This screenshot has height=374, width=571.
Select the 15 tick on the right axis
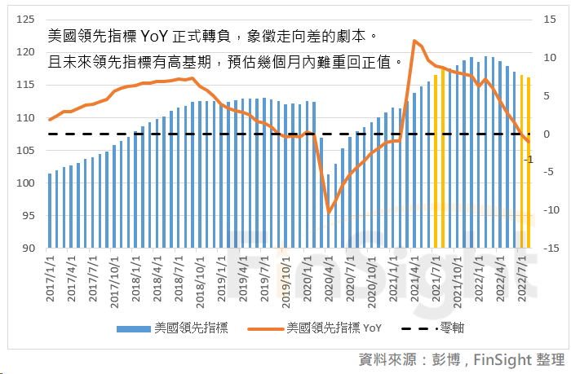(x=551, y=20)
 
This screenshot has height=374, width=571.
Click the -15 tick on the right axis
(x=551, y=248)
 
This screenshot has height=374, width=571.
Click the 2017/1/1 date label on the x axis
(x=50, y=277)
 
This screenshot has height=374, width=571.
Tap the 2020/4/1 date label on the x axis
(x=329, y=277)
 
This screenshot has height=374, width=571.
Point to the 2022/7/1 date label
(x=521, y=277)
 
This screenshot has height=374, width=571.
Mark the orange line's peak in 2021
(x=415, y=41)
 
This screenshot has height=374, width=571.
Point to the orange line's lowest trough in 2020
(x=329, y=213)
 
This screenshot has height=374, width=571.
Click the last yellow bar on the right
(x=529, y=162)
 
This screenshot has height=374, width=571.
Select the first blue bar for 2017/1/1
(x=50, y=210)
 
